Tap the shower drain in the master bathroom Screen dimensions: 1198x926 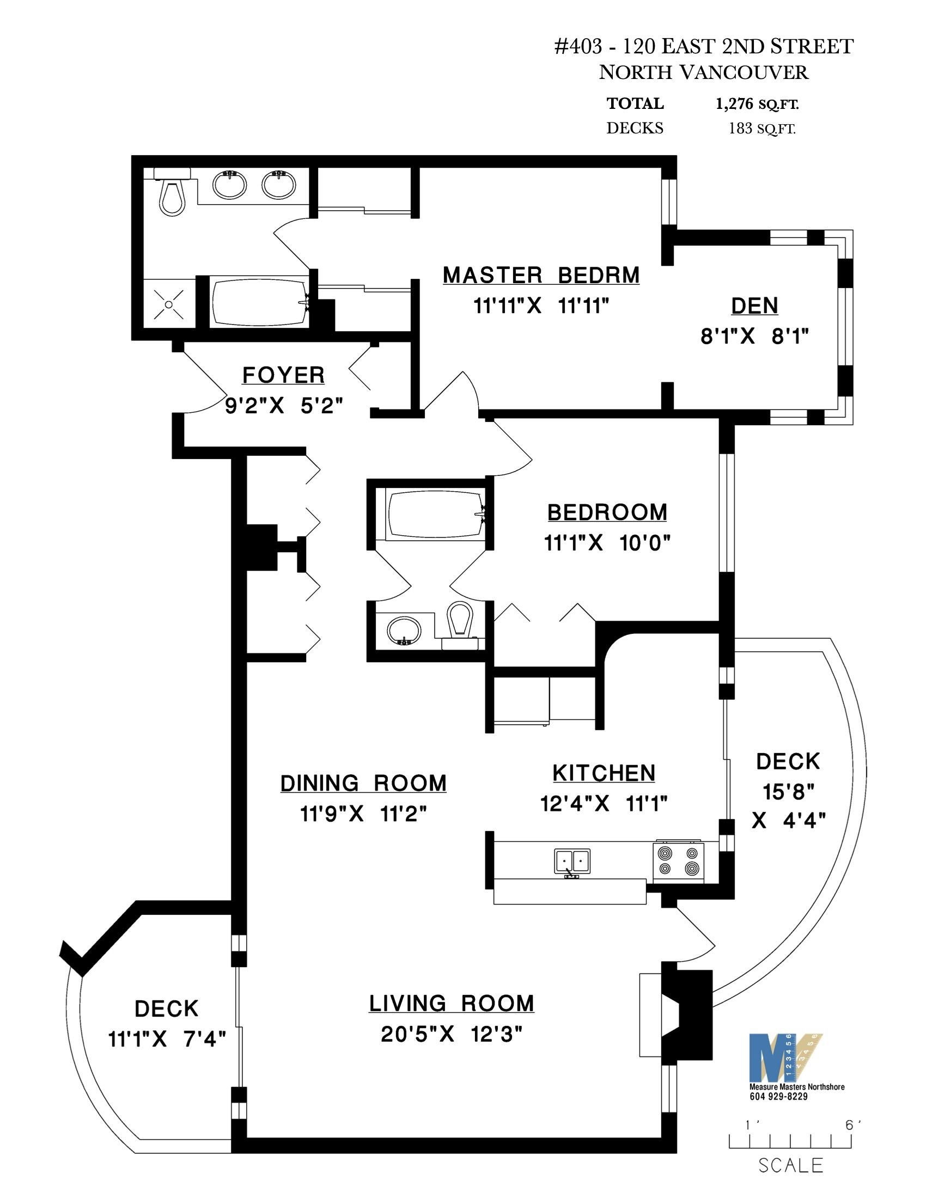(169, 304)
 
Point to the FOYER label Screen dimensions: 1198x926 (284, 376)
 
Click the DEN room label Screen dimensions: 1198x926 (754, 306)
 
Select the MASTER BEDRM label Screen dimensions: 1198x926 (541, 276)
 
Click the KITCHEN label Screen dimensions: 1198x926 (604, 773)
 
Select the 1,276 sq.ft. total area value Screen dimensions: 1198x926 (757, 104)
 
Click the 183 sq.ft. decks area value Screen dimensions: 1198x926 (761, 129)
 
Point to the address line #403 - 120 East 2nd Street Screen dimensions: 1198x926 (704, 47)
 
